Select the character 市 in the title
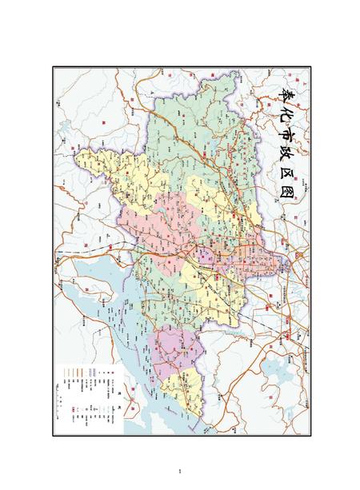[290, 137]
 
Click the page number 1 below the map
[182, 470]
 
